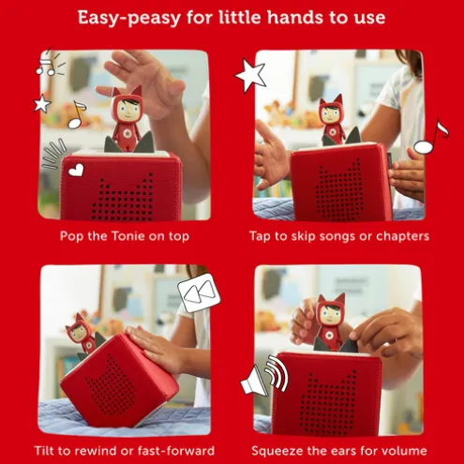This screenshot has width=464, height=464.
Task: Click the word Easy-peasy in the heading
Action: click(x=129, y=18)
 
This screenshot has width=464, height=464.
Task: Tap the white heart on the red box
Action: click(x=76, y=171)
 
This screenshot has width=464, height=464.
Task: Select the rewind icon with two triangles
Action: click(x=199, y=292)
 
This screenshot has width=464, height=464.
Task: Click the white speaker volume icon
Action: click(x=264, y=375)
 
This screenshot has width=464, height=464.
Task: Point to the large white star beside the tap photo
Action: click(x=250, y=75)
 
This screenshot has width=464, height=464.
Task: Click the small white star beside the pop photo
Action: click(x=42, y=103)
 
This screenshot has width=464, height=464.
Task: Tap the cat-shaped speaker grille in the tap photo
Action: click(x=339, y=190)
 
